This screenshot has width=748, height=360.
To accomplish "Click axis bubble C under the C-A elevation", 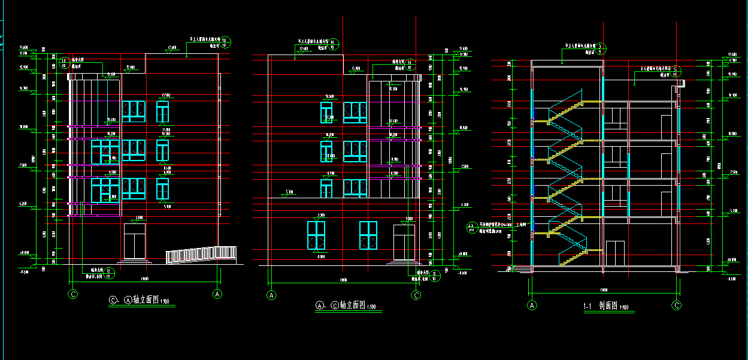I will pyautogui.click(x=73, y=294).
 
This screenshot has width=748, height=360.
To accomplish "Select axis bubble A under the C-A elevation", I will pyautogui.click(x=218, y=294).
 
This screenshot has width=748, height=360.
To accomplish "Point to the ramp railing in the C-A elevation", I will pyautogui.click(x=200, y=254).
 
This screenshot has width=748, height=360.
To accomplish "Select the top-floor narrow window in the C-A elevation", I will pyautogui.click(x=162, y=111).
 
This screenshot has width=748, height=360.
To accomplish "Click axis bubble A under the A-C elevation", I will pyautogui.click(x=271, y=295).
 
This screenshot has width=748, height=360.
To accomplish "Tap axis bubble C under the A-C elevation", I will pyautogui.click(x=416, y=295).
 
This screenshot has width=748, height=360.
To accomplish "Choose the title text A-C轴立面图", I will pyautogui.click(x=347, y=305).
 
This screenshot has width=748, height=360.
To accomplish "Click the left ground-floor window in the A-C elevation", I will pyautogui.click(x=316, y=235).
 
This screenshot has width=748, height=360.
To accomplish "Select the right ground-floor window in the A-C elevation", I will pyautogui.click(x=368, y=235).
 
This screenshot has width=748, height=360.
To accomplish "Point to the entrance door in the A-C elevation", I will pyautogui.click(x=404, y=243).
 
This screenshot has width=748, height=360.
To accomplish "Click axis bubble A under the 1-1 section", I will pyautogui.click(x=532, y=305).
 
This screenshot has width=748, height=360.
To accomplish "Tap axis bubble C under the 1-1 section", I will pyautogui.click(x=677, y=305).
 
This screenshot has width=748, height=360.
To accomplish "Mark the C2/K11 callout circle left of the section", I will pyautogui.click(x=471, y=227).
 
